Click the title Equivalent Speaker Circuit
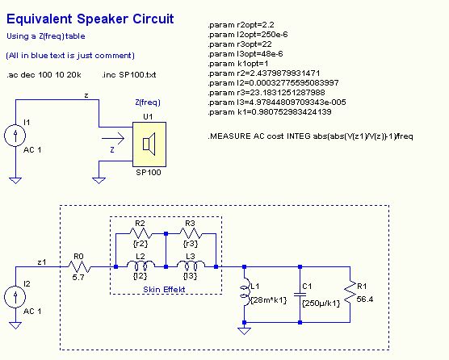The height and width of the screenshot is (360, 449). coord(90,19)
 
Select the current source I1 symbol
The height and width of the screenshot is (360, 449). coord(15,136)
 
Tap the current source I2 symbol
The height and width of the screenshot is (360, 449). coord(15,297)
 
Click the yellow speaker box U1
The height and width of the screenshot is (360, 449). coord(149,144)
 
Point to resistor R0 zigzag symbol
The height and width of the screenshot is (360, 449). coord(79,266)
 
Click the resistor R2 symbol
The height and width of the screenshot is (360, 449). coord(141,233)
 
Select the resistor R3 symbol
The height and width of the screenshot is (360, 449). coord(191,233)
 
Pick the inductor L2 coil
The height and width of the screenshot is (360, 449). coord(141,266)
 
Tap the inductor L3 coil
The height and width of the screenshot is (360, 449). coord(191,266)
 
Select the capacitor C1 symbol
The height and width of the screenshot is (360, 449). coord(300,295)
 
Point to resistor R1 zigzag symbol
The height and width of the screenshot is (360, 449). coord(350,295)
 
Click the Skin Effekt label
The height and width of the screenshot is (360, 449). coord(164,289)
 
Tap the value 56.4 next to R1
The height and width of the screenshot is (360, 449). coord(365,299)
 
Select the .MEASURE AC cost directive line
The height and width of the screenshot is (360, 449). coord(310,136)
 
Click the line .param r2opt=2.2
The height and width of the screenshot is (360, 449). coord(241,25)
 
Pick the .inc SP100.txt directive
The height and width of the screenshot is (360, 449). coord(129,75)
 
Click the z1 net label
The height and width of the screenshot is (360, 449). coord(42,262)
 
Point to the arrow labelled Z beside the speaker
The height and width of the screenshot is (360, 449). coord(113,139)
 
